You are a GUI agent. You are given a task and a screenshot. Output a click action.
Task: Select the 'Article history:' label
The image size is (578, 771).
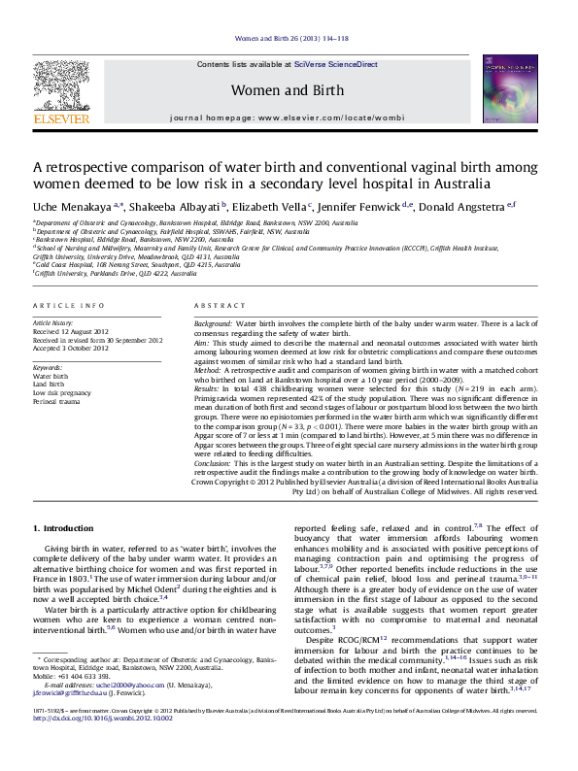coord(54,322)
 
